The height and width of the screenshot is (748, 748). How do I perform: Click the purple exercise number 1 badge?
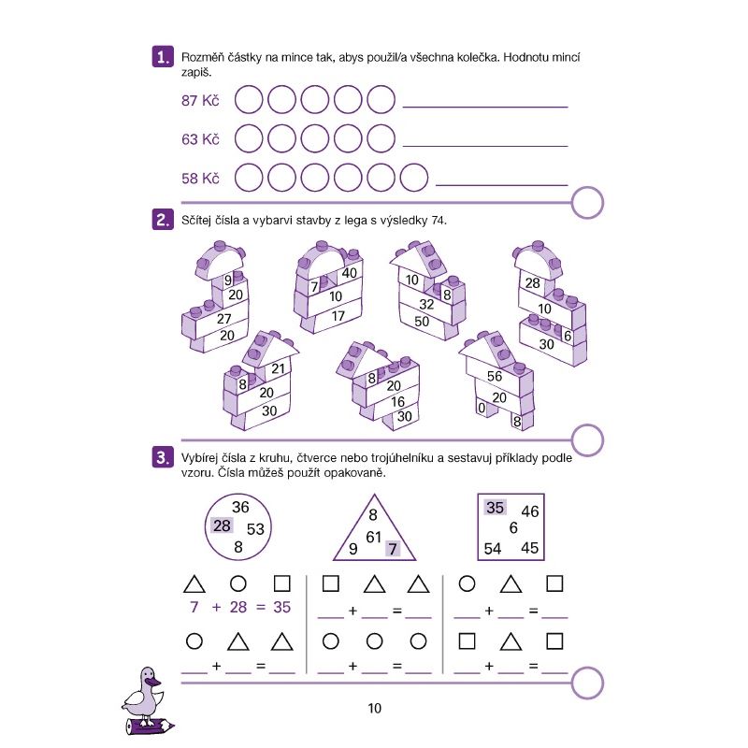coord(163,57)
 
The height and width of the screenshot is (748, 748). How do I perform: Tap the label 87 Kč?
coord(200,101)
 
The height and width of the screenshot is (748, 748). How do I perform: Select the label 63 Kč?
coord(200,139)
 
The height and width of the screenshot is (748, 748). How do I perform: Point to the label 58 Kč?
coord(200,179)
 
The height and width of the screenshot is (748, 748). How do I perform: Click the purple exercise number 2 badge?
coord(163,220)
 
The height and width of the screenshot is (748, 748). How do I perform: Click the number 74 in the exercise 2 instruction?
coord(439,221)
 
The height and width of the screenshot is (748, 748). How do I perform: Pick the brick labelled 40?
coord(349,273)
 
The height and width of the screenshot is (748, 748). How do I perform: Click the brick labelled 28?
coord(533,283)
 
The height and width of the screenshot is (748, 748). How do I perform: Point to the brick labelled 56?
coord(495,377)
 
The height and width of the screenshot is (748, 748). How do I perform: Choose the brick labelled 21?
coord(278,368)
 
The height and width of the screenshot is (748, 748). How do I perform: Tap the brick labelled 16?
coord(397,402)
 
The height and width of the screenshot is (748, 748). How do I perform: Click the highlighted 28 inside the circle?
coord(222,525)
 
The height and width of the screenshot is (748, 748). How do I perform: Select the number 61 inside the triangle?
coord(373,537)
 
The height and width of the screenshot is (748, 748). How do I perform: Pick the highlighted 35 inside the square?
coord(495,508)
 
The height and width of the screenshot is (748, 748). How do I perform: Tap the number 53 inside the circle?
coord(255,529)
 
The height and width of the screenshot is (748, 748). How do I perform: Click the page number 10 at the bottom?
coord(375,709)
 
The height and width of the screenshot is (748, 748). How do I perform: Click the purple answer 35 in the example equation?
coord(282,607)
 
